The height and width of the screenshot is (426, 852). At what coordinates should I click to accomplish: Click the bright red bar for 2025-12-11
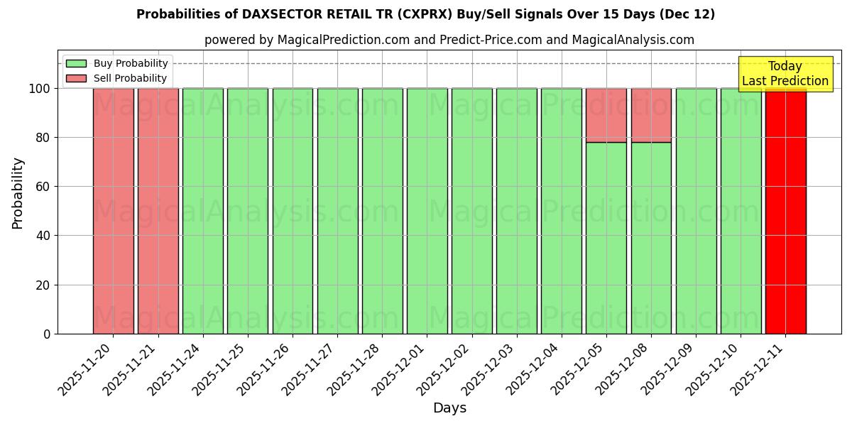785,211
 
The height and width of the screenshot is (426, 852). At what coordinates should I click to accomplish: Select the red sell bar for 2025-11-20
113,211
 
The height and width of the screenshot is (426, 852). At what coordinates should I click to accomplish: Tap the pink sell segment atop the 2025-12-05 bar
606,115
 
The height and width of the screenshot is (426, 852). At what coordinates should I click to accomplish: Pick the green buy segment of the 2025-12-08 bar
651,238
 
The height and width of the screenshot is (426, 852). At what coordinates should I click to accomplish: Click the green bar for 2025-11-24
203,211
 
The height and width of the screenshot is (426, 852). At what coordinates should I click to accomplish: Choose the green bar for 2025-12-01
427,211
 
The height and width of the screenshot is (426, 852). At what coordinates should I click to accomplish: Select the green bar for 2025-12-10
741,211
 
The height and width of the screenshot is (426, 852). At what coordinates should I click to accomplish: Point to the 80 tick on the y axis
43,138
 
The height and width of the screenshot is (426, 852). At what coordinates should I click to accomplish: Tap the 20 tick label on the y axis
43,285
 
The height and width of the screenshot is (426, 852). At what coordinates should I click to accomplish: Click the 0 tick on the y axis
47,334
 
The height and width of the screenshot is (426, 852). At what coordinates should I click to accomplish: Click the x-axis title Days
449,408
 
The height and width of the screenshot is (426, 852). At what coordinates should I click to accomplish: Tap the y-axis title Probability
18,192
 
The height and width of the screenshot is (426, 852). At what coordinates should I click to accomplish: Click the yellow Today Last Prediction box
785,74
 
